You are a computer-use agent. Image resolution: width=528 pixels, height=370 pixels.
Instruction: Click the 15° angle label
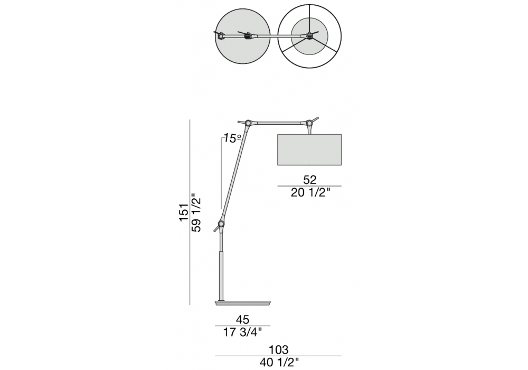(x=232, y=138)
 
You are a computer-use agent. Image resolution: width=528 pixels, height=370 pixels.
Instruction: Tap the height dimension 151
(x=184, y=212)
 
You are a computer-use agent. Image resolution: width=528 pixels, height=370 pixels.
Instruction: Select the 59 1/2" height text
(x=196, y=212)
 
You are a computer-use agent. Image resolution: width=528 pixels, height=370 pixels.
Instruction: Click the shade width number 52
(x=309, y=180)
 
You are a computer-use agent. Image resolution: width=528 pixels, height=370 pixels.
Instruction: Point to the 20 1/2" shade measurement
(x=310, y=193)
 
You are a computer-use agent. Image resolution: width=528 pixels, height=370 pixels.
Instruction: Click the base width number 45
(x=242, y=319)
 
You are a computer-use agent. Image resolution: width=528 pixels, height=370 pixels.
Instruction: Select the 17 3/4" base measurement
(x=242, y=332)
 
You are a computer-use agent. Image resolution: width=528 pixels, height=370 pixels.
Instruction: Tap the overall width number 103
(x=279, y=349)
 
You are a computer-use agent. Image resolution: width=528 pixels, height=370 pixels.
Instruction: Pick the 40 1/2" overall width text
(x=279, y=363)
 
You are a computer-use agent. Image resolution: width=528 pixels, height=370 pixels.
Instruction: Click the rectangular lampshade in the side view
(x=309, y=150)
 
